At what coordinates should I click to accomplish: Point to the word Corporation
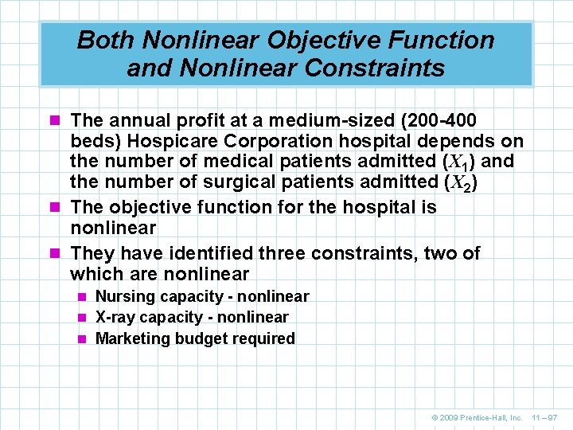pyautogui.click(x=291, y=141)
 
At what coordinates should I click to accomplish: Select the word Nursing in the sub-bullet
pyautogui.click(x=122, y=296)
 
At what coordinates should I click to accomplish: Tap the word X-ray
pyautogui.click(x=116, y=317)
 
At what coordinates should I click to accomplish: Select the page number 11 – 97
pyautogui.click(x=546, y=417)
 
